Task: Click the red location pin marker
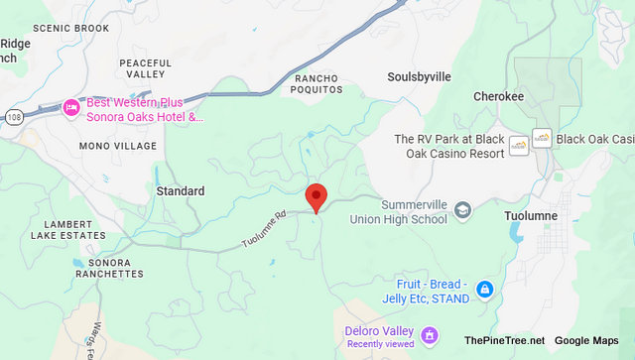[317, 196]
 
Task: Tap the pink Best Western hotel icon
[70, 107]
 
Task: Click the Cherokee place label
[497, 97]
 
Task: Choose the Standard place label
[181, 190]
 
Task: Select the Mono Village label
[118, 146]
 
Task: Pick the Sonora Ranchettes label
[109, 267]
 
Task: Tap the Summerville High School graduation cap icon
[463, 210]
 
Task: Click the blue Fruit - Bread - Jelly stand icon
[484, 289]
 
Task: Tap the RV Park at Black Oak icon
[518, 146]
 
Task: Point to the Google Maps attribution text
[591, 340]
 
